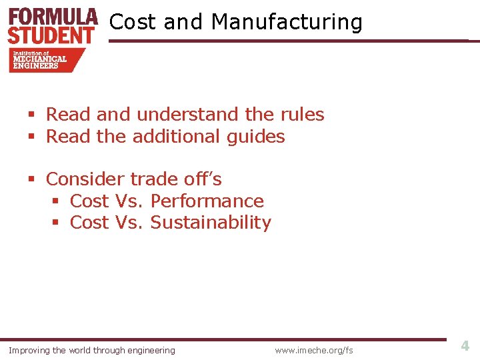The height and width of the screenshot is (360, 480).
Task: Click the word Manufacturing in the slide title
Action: pyautogui.click(x=287, y=22)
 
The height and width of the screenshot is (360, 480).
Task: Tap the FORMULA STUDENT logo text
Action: pyautogui.click(x=53, y=25)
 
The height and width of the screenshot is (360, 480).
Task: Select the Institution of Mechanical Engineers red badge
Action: pyautogui.click(x=45, y=60)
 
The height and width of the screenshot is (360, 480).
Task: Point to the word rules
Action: pyautogui.click(x=301, y=115)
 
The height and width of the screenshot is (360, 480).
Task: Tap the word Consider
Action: pyautogui.click(x=85, y=179)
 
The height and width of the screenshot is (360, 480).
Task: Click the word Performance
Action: pyautogui.click(x=207, y=201)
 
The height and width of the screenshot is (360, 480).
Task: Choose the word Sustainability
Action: pyautogui.click(x=211, y=223)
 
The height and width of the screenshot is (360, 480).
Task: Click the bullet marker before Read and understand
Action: pyautogui.click(x=31, y=115)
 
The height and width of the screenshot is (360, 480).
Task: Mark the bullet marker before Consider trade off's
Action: pyautogui.click(x=31, y=180)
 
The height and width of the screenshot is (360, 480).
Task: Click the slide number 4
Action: pyautogui.click(x=465, y=346)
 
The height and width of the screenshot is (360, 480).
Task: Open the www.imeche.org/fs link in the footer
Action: pyautogui.click(x=313, y=350)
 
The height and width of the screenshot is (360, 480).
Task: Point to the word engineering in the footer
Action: pyautogui.click(x=150, y=351)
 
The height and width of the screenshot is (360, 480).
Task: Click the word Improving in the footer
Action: pyautogui.click(x=29, y=350)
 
